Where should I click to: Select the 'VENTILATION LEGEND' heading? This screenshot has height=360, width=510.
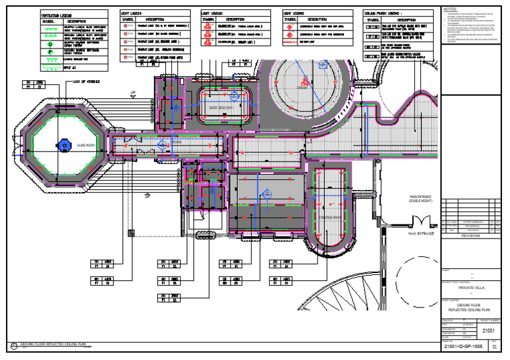coord(58,13)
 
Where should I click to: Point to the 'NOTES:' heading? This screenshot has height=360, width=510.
coord(450,10)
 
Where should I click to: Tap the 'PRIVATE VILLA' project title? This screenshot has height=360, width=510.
coord(473,288)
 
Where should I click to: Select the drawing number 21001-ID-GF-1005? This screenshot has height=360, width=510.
coord(464,347)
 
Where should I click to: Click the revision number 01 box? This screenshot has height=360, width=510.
coord(493,347)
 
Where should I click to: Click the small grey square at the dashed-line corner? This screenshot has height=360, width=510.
coord(132,232)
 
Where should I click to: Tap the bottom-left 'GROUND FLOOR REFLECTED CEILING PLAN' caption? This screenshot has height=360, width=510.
coord(53,345)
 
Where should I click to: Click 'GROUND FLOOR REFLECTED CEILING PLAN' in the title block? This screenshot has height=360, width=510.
coord(473,308)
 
